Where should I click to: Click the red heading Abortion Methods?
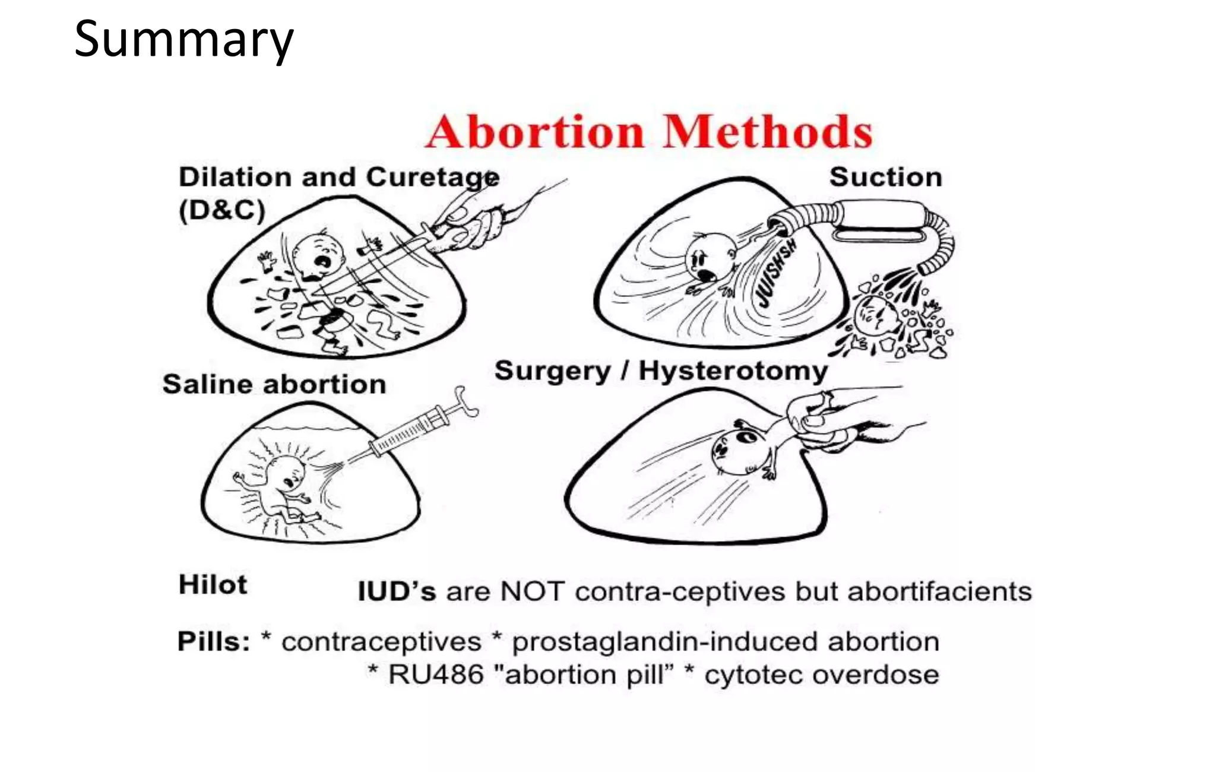649,132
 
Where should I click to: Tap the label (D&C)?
222,210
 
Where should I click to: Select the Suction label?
885,178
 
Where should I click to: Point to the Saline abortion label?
274,384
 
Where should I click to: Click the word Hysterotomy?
733,372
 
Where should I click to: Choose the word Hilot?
213,585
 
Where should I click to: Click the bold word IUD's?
397,591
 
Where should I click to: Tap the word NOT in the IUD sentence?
531,591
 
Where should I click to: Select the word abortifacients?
939,591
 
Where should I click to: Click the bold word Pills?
214,642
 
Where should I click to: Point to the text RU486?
436,675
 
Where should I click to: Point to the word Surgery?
552,371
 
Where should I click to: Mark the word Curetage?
432,178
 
